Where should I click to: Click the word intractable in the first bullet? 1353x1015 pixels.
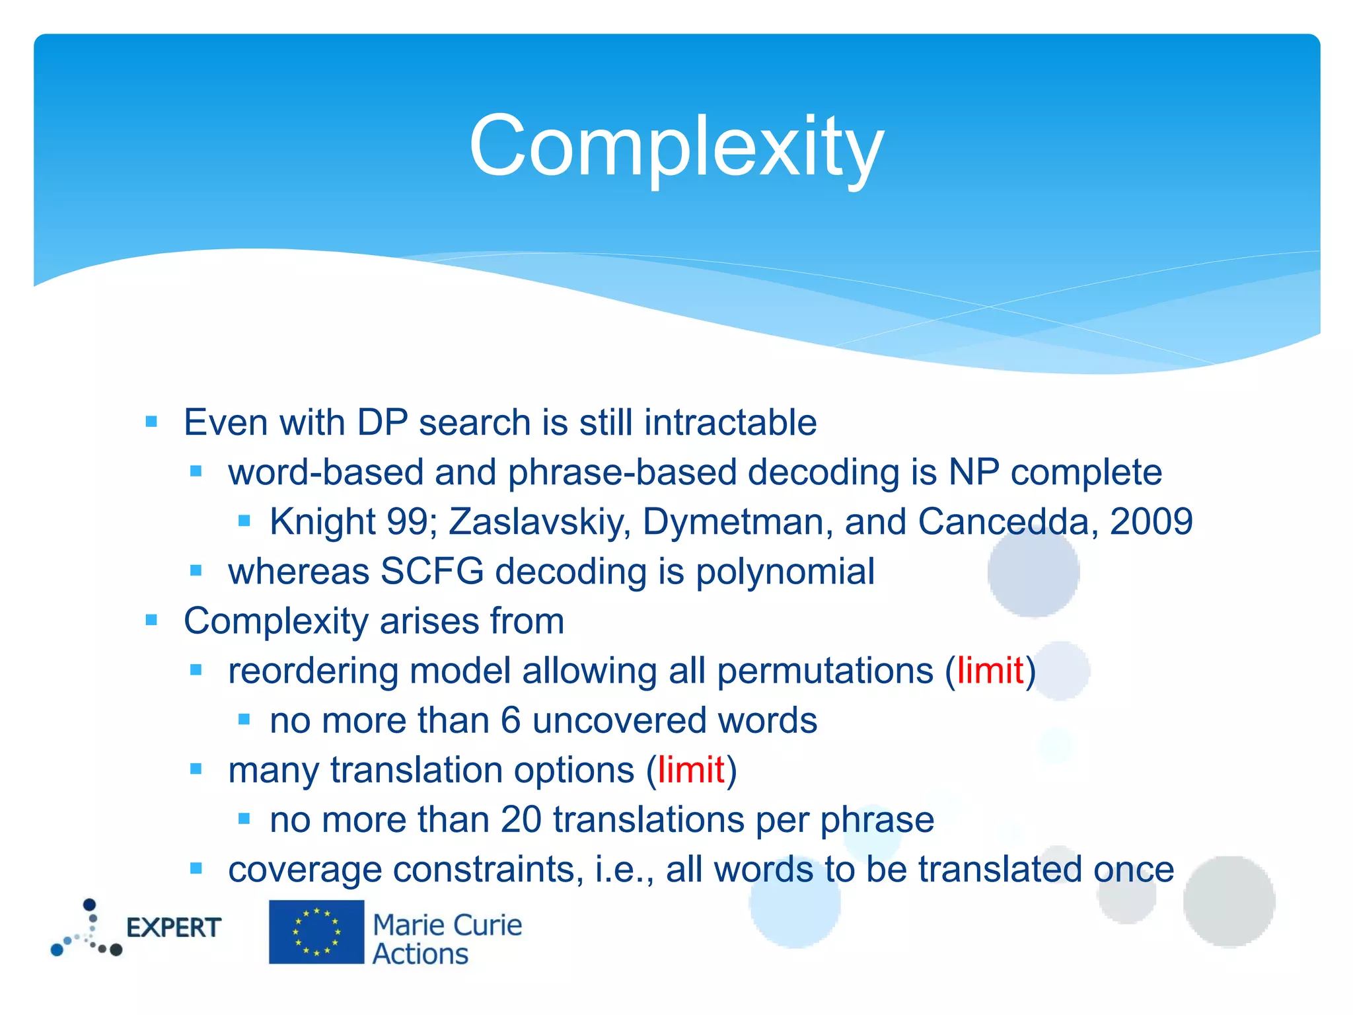(x=730, y=423)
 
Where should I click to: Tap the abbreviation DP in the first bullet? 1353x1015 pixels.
(x=382, y=423)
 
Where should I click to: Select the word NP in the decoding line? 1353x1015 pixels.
(x=973, y=472)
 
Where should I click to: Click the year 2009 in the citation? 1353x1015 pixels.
(x=1151, y=522)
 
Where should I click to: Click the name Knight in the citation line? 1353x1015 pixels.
(x=322, y=522)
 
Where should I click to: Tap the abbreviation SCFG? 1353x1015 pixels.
(x=432, y=572)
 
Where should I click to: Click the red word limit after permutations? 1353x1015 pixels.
(x=990, y=671)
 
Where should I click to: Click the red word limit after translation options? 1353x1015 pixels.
(x=691, y=771)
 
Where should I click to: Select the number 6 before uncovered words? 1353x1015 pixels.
(x=511, y=720)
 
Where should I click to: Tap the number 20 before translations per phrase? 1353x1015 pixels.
(x=521, y=820)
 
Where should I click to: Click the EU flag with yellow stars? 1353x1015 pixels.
(x=316, y=932)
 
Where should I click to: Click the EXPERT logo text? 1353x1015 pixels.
(x=174, y=928)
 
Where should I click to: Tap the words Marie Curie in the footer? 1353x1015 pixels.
(x=447, y=925)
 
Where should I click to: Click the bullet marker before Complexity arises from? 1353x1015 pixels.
(x=151, y=620)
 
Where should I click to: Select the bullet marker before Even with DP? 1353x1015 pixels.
(x=151, y=422)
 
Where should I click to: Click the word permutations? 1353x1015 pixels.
(x=824, y=671)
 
